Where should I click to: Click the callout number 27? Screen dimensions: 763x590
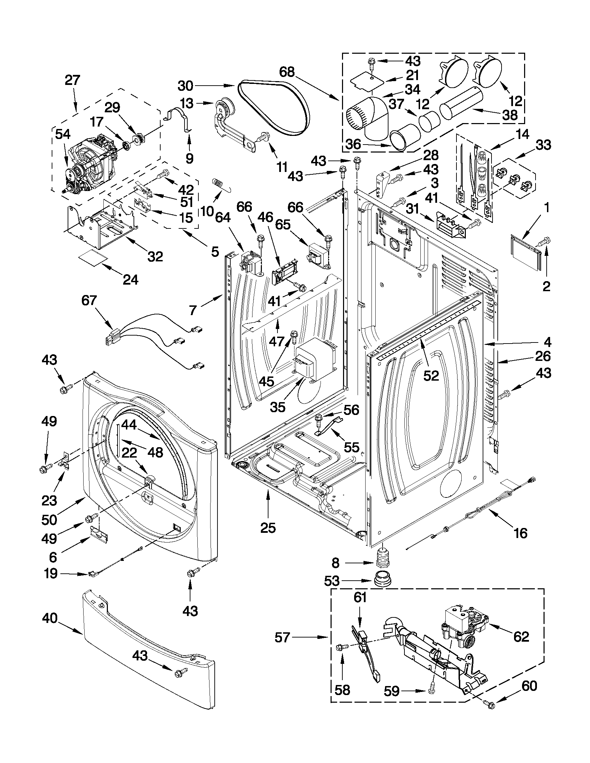pyautogui.click(x=72, y=81)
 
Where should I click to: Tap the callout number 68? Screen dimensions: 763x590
pyautogui.click(x=287, y=72)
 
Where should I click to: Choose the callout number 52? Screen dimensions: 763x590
pyautogui.click(x=430, y=375)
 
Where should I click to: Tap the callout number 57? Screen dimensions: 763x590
pyautogui.click(x=282, y=638)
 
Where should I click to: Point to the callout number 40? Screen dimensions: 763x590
pyautogui.click(x=50, y=618)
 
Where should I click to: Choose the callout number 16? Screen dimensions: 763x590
pyautogui.click(x=520, y=533)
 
